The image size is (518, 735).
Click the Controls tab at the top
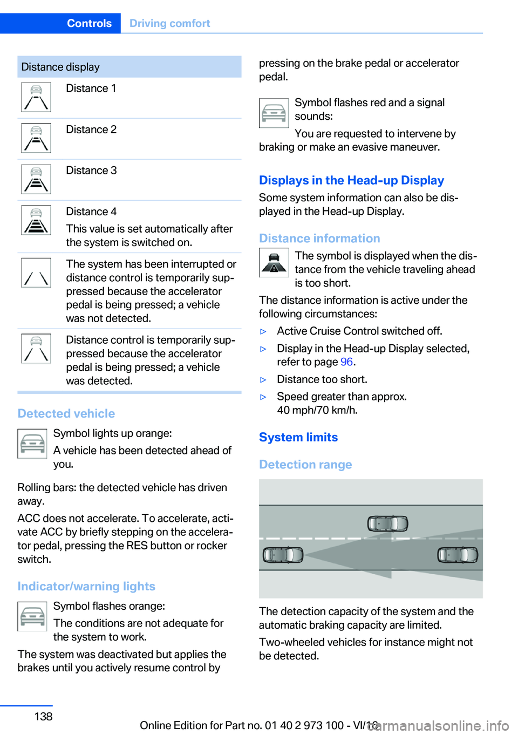pos(89,23)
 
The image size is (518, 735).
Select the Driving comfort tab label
pos(169,23)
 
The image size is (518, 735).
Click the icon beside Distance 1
pos(36,97)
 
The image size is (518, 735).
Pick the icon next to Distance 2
pos(36,138)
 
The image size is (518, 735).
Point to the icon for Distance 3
pos(36,179)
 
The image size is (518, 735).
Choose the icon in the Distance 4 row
pos(36,220)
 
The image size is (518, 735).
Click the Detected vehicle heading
pos(66,413)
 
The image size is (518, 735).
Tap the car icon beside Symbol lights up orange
pos(32,444)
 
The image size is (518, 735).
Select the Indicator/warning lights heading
pos(86,586)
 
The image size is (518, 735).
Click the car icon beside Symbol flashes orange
pos(32,616)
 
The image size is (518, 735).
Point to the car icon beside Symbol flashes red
pos(274,113)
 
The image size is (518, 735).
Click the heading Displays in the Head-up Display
pos(351,180)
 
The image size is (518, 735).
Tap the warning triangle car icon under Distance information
pos(274,263)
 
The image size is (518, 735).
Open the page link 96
pos(346,362)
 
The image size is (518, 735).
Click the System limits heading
pos(298,437)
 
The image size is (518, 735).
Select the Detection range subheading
pos(305,465)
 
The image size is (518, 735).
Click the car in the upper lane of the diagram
pos(387,523)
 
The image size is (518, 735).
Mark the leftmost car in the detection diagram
pos(283,555)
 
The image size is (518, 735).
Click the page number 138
pos(43,717)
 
